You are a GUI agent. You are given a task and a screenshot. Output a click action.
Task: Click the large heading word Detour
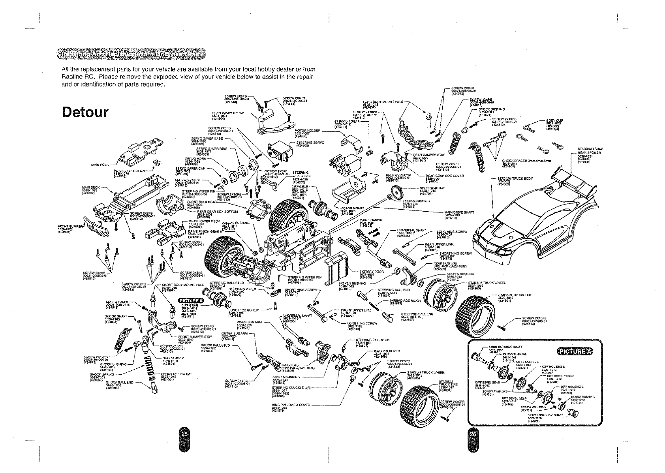[85, 113]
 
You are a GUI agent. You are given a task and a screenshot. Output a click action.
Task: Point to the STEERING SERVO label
[310, 143]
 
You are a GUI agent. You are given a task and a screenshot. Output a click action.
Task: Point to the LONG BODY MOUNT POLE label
[383, 102]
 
